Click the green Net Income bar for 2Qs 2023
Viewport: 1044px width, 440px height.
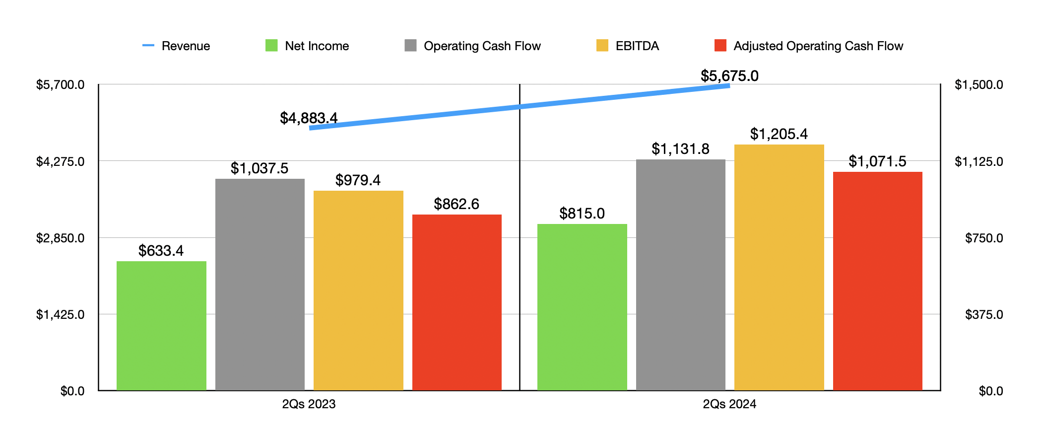click(x=161, y=325)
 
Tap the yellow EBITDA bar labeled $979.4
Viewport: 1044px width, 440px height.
click(x=358, y=291)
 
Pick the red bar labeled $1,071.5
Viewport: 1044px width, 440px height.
click(x=877, y=281)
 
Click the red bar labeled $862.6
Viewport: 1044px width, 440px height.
click(x=457, y=302)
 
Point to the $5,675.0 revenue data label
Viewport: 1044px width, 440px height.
click(x=729, y=76)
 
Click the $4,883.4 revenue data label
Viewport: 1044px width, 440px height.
click(x=309, y=118)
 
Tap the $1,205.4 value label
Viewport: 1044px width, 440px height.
click(x=779, y=134)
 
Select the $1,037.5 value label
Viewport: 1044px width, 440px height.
click(x=260, y=168)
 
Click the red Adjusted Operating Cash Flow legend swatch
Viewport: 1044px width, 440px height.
click(x=720, y=46)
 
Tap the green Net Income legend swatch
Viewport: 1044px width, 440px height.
click(x=271, y=46)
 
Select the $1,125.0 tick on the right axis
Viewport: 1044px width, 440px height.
click(x=979, y=161)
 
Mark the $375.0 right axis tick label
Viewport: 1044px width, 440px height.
click(x=983, y=314)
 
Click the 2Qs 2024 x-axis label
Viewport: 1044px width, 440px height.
click(x=729, y=404)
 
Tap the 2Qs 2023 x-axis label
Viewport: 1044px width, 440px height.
click(x=309, y=404)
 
